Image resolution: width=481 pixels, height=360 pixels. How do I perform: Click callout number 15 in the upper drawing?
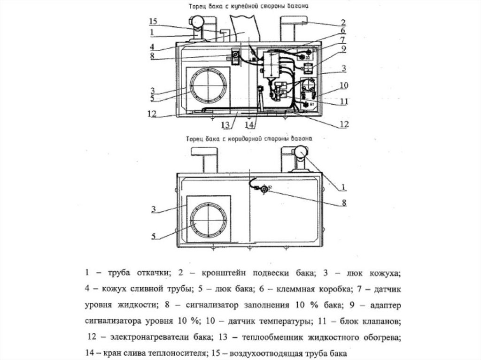153,22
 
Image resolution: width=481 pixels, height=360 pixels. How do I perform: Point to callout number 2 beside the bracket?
343,22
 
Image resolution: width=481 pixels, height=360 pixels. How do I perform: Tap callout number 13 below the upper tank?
226,125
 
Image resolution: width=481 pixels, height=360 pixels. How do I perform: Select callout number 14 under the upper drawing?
249,125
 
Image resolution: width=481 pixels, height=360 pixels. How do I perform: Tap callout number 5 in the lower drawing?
154,236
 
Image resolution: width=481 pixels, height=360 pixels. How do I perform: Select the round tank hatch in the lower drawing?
208,219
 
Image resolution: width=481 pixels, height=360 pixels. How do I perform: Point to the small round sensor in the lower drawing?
264,189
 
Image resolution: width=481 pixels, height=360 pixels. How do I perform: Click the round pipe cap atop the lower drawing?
299,152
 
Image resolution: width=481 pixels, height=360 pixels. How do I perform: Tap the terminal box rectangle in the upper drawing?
271,65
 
